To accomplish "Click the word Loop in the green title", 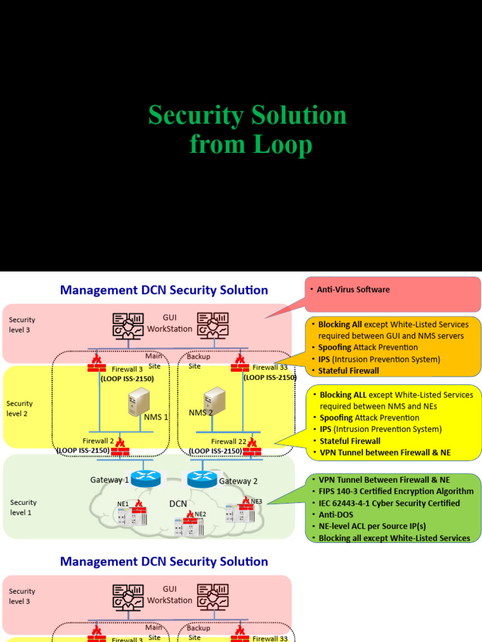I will coord(282,145).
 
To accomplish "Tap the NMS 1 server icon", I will coord(139,401).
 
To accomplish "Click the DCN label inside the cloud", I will coord(178,503).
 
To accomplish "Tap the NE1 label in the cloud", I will coord(122,503).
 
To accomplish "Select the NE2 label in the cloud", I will coord(200,514).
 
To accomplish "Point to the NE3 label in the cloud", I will coord(257,501).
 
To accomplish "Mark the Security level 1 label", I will coord(23,507).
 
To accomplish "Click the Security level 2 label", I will coord(19,408).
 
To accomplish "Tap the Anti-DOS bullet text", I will coord(336,515).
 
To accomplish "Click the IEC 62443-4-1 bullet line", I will coord(389,503).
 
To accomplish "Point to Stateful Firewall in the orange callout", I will coord(349,371).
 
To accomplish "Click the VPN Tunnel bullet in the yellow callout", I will coord(385,453).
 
